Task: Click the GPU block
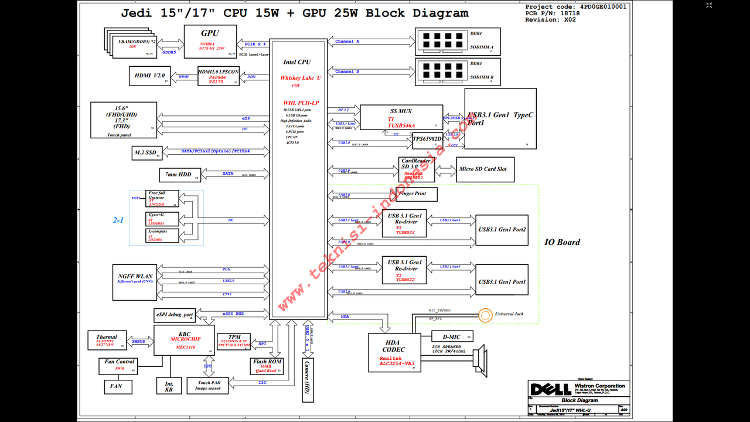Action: click(210, 41)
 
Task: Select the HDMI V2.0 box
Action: click(149, 76)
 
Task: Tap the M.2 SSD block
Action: click(146, 153)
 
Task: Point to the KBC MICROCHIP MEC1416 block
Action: click(185, 340)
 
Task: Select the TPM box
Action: click(234, 341)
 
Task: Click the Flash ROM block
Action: click(267, 366)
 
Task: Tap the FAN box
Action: click(117, 387)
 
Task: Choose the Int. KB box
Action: click(169, 385)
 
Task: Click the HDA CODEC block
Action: click(394, 352)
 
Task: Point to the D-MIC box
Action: click(452, 336)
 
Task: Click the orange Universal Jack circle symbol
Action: click(485, 315)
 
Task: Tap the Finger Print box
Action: click(417, 193)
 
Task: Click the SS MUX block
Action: click(401, 117)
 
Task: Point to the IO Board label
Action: click(562, 242)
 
